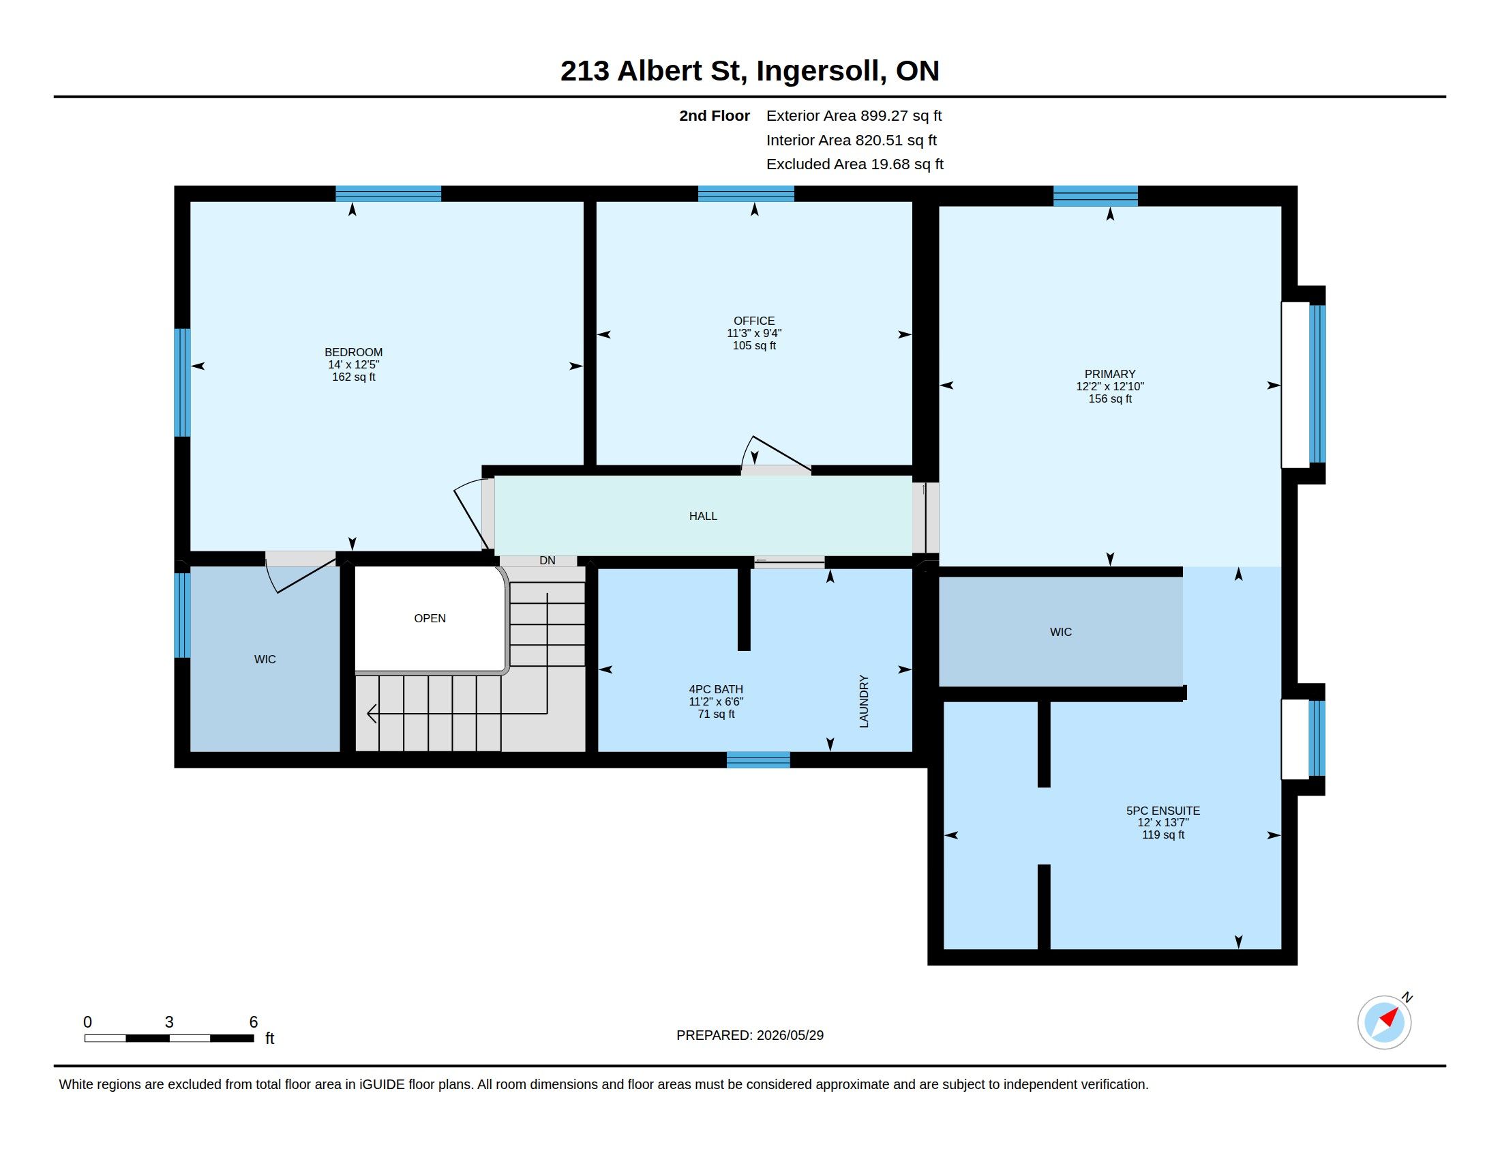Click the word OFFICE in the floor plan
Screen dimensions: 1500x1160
[753, 321]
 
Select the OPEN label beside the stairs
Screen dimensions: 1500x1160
[430, 618]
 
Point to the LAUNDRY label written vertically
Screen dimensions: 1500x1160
[864, 701]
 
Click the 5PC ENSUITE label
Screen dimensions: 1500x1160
[1162, 811]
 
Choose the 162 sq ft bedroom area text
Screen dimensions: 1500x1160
[354, 377]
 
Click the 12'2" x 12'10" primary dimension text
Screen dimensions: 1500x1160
[1110, 387]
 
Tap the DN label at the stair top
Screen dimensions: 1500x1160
[547, 561]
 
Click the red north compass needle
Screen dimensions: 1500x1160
[1389, 1017]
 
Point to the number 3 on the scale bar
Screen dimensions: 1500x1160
[169, 1023]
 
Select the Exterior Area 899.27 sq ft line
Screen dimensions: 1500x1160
[854, 116]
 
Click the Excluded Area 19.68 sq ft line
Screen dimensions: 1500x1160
[854, 164]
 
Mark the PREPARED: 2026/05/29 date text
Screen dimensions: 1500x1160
[749, 1036]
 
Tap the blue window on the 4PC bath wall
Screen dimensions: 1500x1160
[758, 759]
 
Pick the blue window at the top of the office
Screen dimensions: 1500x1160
[746, 194]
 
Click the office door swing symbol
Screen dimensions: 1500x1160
[775, 454]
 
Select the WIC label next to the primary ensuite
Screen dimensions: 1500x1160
[1060, 633]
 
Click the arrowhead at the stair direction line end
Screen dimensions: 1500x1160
[372, 714]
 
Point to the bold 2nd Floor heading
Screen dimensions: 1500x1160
[715, 116]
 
